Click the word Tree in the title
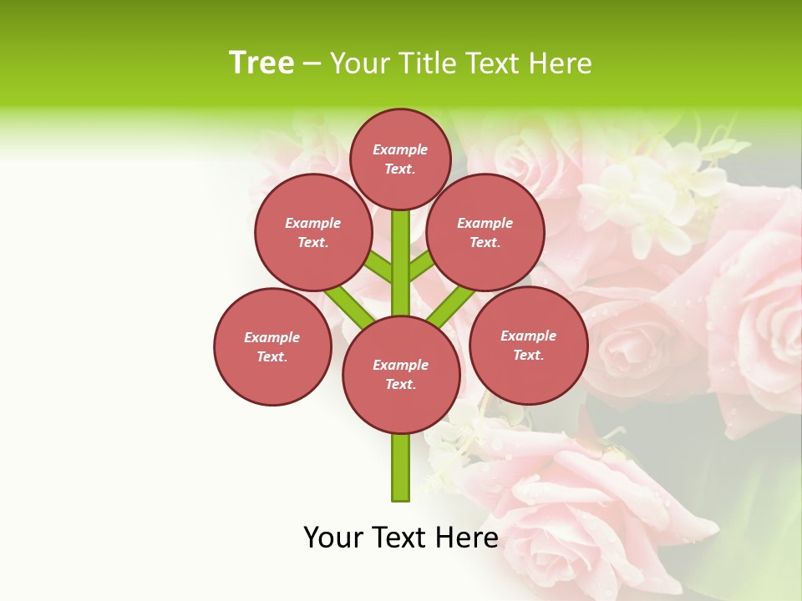pos(261,63)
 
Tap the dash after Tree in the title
pos(312,64)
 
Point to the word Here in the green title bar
pos(561,63)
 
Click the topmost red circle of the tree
pos(400,159)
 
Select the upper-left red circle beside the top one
pos(313,232)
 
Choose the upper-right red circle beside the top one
pos(485,232)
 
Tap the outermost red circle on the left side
pos(272,346)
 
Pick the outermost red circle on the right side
pos(528,345)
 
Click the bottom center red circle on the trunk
pos(401,374)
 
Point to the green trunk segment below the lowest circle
pos(401,467)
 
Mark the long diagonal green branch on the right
pos(451,306)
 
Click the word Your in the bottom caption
pos(333,538)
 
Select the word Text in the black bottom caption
pos(399,538)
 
